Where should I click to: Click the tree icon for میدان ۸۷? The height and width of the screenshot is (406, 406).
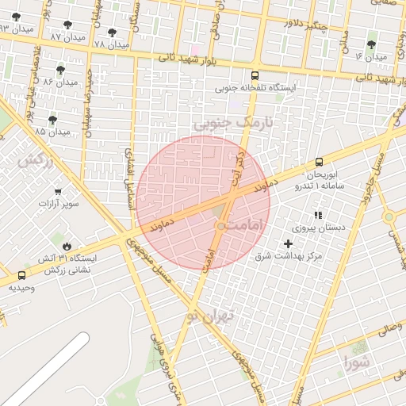67,25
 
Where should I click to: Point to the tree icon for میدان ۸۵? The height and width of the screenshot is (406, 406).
52,120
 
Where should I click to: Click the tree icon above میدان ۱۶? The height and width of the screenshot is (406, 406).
371,44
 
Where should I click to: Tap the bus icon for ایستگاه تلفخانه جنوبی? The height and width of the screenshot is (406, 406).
254,75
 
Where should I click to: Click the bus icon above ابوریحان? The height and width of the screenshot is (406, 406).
319,161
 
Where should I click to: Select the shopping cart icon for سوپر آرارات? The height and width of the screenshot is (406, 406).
58,190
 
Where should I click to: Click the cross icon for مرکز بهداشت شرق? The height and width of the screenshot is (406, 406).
288,243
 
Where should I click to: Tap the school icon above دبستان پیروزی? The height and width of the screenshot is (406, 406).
318,215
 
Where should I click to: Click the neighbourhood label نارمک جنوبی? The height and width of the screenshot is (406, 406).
232,123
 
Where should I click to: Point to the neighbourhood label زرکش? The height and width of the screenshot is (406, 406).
35,160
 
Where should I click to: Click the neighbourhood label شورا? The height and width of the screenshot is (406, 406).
356,364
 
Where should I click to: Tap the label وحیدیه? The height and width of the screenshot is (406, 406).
21,287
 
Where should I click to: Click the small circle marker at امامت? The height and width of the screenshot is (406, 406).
220,227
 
